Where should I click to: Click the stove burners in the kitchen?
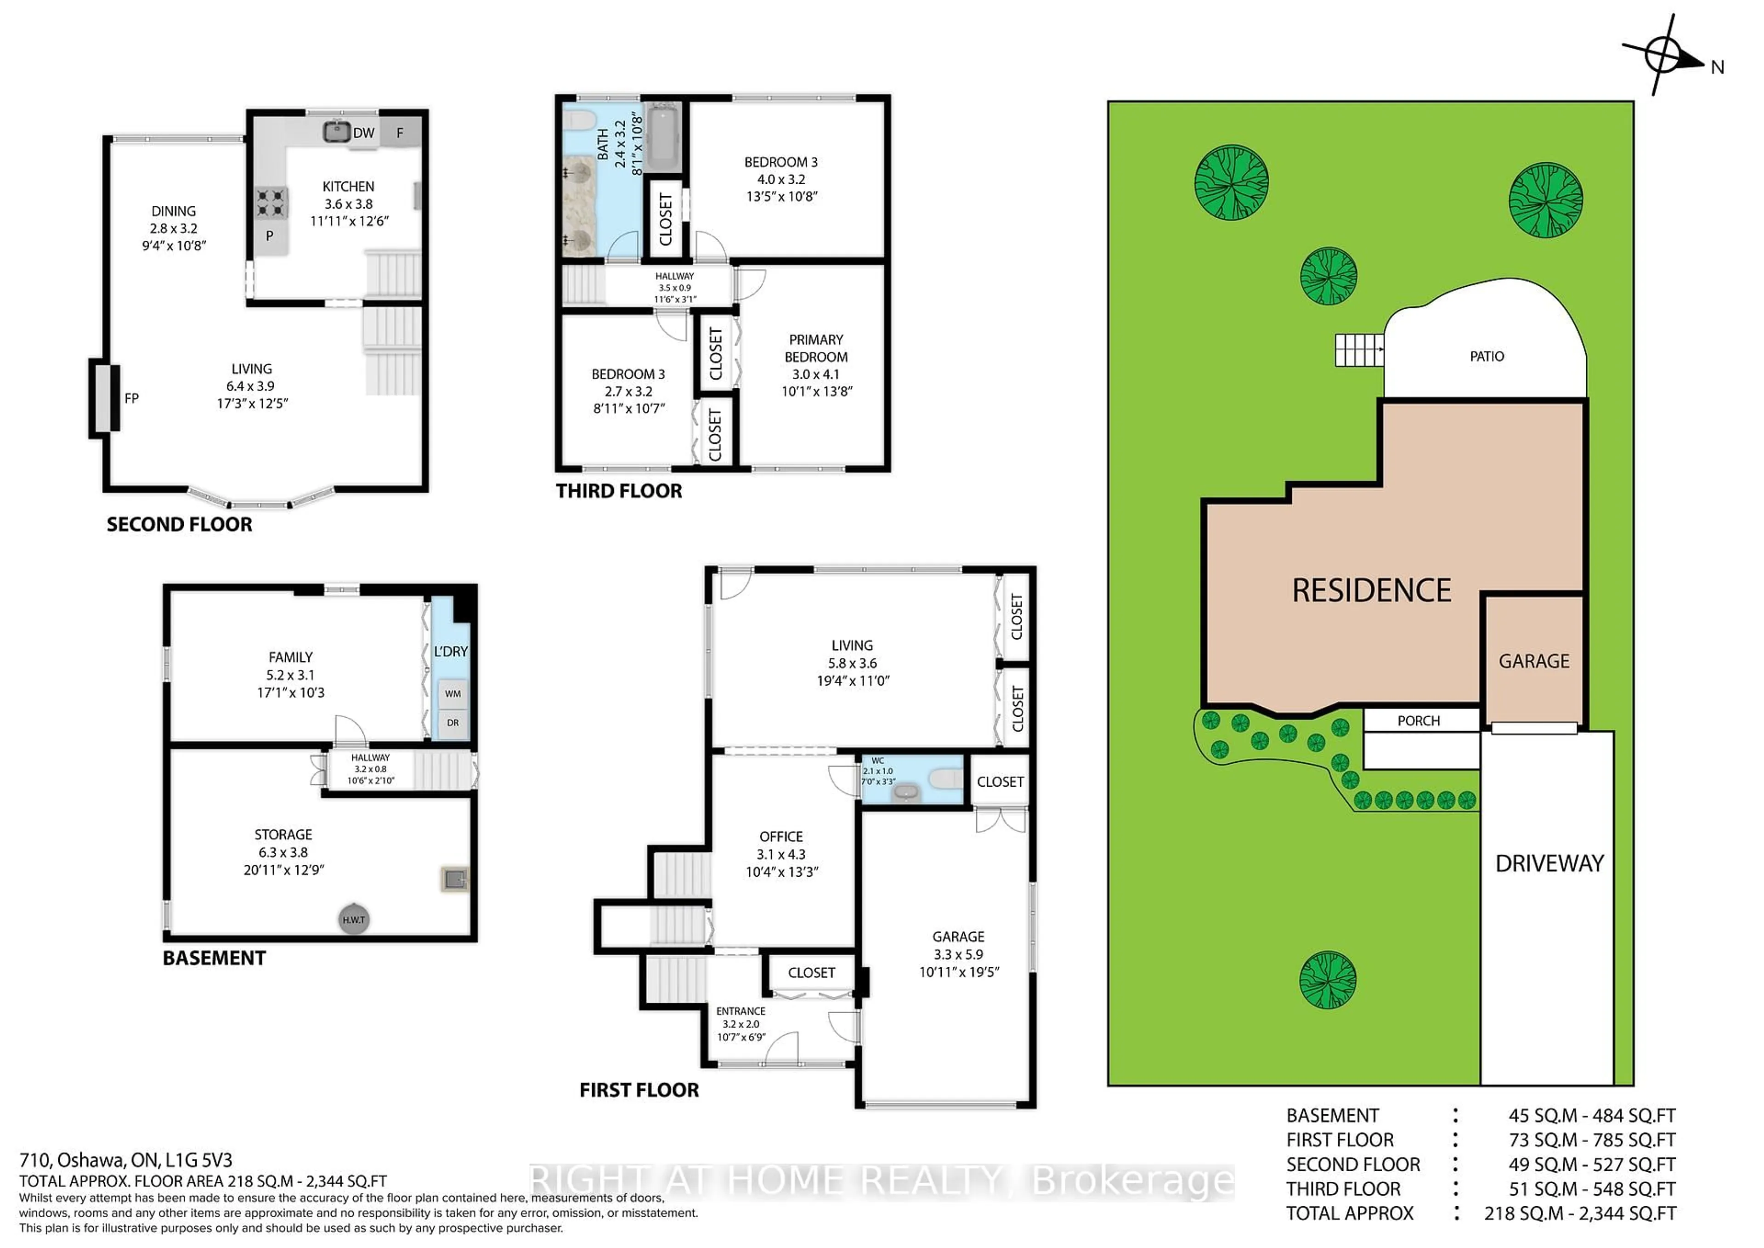click(271, 204)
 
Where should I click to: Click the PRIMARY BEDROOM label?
click(816, 348)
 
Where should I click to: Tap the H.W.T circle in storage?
click(353, 919)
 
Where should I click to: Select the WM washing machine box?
click(452, 693)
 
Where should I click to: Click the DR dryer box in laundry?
click(452, 722)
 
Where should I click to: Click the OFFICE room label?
click(780, 836)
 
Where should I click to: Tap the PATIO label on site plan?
click(1487, 356)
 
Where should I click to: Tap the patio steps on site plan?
click(1357, 351)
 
